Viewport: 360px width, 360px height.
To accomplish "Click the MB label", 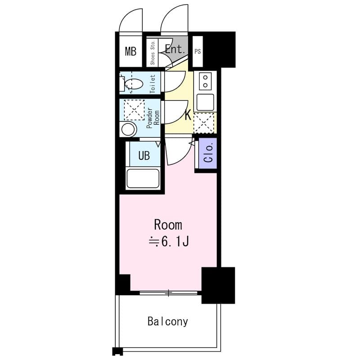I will pyautogui.click(x=130, y=51).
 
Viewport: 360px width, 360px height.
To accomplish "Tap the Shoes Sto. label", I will pyautogui.click(x=153, y=53).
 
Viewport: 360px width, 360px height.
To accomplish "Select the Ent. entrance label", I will pyautogui.click(x=175, y=49).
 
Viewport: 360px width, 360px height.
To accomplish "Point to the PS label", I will pyautogui.click(x=198, y=51).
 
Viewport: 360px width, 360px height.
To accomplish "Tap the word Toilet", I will pyautogui.click(x=153, y=83).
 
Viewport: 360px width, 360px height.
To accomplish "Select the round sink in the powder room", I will pyautogui.click(x=128, y=130).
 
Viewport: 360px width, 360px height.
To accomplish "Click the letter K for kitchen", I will pyautogui.click(x=188, y=115).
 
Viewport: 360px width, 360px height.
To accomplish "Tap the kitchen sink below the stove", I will pyautogui.click(x=205, y=102).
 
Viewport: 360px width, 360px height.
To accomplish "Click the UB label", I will pyautogui.click(x=144, y=156).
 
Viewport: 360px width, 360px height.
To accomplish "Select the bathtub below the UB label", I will pyautogui.click(x=143, y=178).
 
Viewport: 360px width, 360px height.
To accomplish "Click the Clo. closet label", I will pyautogui.click(x=208, y=153).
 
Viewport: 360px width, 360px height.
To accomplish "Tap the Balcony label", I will pyautogui.click(x=168, y=321).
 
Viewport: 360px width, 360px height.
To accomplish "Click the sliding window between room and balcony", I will pyautogui.click(x=168, y=293).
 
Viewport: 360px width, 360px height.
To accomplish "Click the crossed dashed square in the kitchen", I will pyautogui.click(x=203, y=122).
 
